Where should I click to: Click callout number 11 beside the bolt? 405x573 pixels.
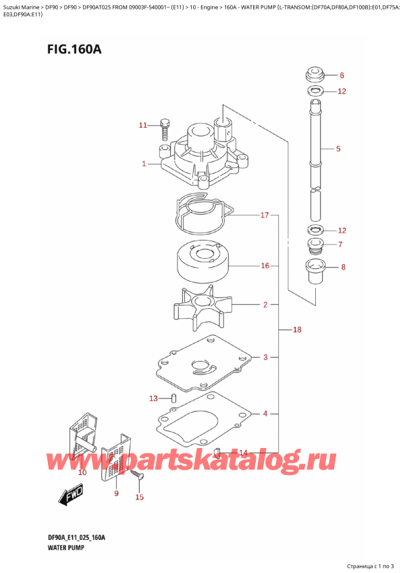pyautogui.click(x=142, y=125)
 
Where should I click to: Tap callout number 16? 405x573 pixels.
pyautogui.click(x=265, y=266)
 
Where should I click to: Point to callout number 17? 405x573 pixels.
pyautogui.click(x=265, y=216)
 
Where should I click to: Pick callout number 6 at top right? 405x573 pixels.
pyautogui.click(x=342, y=75)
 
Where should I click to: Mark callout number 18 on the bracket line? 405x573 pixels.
pyautogui.click(x=296, y=330)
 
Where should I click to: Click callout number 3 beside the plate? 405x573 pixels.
pyautogui.click(x=266, y=357)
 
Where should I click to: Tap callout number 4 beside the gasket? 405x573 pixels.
pyautogui.click(x=265, y=414)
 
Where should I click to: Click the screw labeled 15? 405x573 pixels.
pyautogui.click(x=140, y=476)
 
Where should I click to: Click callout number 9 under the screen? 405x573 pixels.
pyautogui.click(x=116, y=494)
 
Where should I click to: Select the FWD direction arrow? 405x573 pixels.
pyautogui.click(x=70, y=499)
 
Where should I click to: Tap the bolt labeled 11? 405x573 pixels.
pyautogui.click(x=165, y=125)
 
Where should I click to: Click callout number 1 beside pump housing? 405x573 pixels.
pyautogui.click(x=144, y=164)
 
